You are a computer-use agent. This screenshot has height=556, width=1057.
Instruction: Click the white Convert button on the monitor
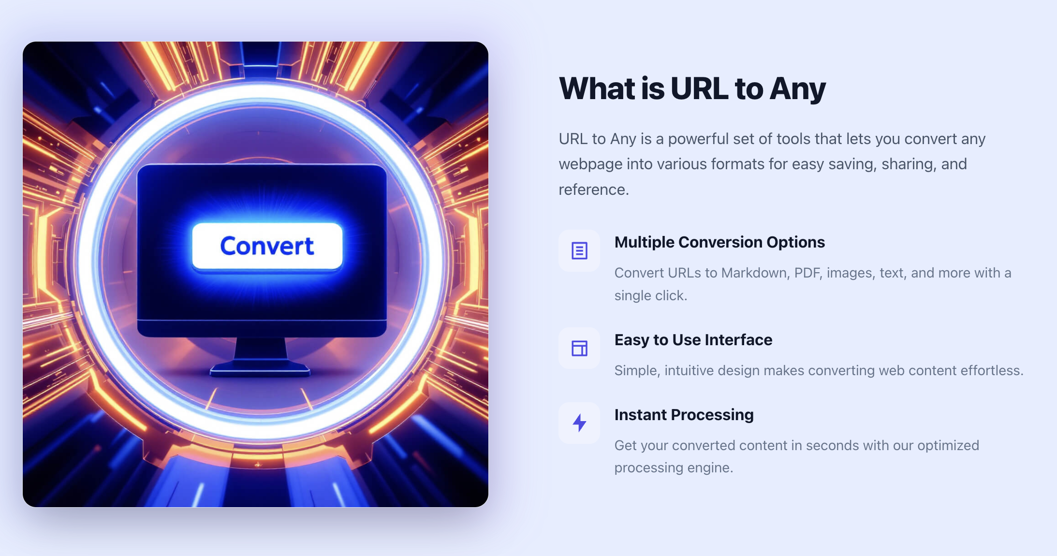tap(267, 246)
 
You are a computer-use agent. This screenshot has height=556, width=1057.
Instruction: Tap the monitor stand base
tap(260, 370)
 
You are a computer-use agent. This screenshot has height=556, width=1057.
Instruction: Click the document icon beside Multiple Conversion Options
tap(579, 250)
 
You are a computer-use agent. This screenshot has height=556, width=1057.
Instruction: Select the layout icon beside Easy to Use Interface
tap(579, 348)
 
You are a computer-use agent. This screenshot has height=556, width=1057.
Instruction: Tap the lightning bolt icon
tap(579, 423)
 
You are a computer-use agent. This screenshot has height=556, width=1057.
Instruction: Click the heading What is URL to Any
tap(692, 89)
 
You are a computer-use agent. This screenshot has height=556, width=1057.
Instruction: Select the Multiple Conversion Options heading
tap(719, 242)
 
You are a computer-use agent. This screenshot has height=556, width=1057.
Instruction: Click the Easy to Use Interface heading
tap(693, 340)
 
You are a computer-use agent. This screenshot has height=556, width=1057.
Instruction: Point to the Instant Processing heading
tap(684, 415)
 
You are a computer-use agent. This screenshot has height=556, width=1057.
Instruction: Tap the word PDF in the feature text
tap(808, 273)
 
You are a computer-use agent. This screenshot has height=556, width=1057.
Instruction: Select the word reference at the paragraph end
tap(594, 190)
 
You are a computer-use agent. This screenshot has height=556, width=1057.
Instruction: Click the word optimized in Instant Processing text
tap(948, 446)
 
